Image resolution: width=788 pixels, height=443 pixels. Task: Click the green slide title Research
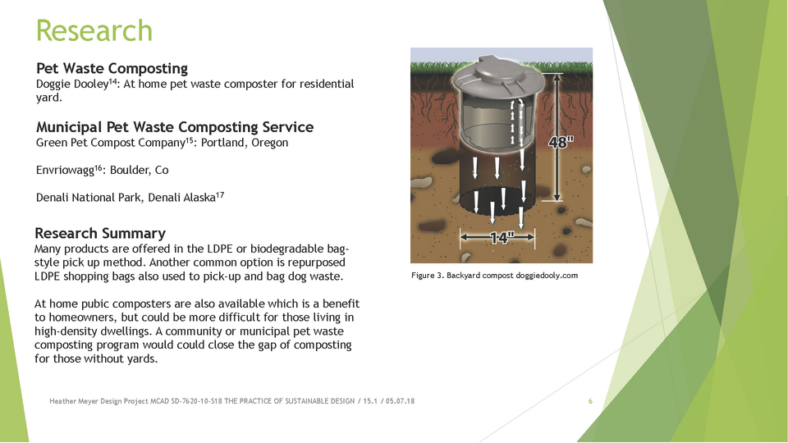tap(94, 30)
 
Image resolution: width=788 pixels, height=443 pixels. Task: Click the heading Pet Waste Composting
tap(112, 68)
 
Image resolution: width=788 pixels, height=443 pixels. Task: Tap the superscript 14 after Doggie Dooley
tap(113, 81)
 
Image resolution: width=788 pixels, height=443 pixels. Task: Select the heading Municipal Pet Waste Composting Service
tap(174, 127)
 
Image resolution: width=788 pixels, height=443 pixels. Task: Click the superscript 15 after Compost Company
tap(190, 139)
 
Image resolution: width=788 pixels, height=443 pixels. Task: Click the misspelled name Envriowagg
tap(65, 171)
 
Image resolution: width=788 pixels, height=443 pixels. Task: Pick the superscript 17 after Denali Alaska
tap(220, 195)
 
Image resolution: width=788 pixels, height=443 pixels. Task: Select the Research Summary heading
tap(100, 234)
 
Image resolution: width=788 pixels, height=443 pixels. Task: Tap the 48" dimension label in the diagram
tap(561, 142)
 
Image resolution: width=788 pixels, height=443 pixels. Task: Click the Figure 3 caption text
tap(494, 276)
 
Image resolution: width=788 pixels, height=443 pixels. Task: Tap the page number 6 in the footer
tap(590, 401)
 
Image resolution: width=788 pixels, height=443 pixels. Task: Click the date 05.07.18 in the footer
tap(400, 401)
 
